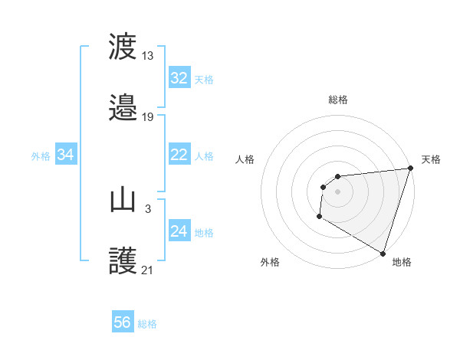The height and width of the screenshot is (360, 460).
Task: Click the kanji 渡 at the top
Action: tap(123, 47)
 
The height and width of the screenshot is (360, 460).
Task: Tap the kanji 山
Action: tap(123, 201)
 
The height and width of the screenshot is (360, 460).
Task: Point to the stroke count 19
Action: tap(148, 116)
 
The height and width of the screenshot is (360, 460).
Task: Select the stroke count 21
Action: tap(148, 270)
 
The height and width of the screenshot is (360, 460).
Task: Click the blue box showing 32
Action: tap(179, 78)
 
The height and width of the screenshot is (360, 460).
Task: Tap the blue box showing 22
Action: tap(179, 155)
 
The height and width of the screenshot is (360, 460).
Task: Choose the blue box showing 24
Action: tap(179, 231)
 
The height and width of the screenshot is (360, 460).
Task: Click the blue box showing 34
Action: tap(65, 155)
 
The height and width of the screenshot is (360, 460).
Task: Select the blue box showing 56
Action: tap(123, 322)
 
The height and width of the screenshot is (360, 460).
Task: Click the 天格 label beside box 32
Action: tap(204, 79)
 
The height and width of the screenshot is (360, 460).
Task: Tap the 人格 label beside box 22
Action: tap(204, 155)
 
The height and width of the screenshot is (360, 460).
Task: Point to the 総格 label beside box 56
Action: tap(148, 323)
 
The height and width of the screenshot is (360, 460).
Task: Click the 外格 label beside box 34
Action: tap(41, 155)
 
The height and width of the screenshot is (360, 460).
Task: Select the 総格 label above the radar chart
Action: tap(338, 100)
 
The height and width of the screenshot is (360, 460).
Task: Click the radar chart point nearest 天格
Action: tap(410, 169)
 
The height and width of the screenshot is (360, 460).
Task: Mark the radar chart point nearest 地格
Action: tap(383, 253)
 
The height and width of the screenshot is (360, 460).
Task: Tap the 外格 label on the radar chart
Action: tap(270, 262)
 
